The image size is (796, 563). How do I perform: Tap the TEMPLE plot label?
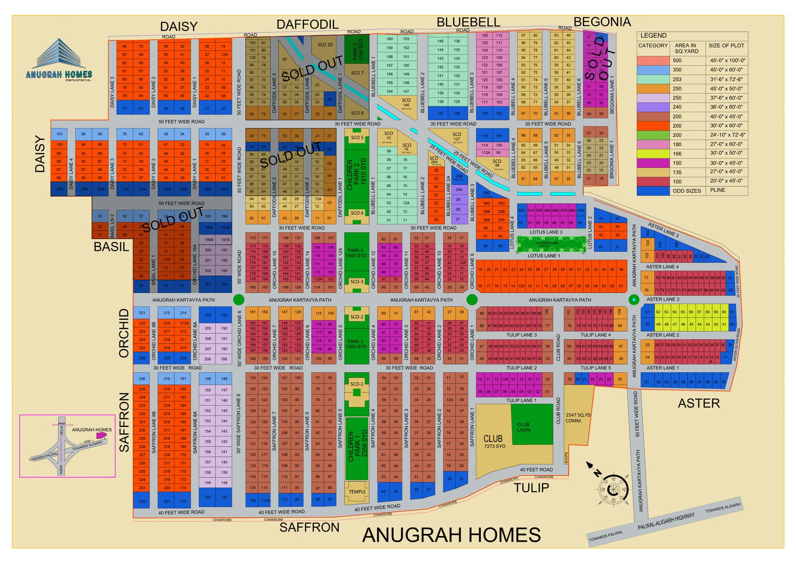point(357,492)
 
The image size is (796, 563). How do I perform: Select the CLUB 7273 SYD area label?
point(494,441)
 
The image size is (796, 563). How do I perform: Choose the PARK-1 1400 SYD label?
point(357,253)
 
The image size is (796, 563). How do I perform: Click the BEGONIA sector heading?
point(602,22)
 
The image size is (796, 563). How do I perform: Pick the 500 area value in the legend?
point(677,61)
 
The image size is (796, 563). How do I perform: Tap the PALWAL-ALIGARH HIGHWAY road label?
point(666,521)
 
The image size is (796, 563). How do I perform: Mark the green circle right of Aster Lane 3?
point(633,299)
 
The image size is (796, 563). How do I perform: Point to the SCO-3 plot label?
point(357,281)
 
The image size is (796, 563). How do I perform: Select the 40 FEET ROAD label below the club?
point(536,470)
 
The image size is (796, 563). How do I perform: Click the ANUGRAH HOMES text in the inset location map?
point(92,430)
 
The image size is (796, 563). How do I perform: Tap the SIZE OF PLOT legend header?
point(726,46)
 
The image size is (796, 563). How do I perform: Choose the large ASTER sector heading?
point(699,403)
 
